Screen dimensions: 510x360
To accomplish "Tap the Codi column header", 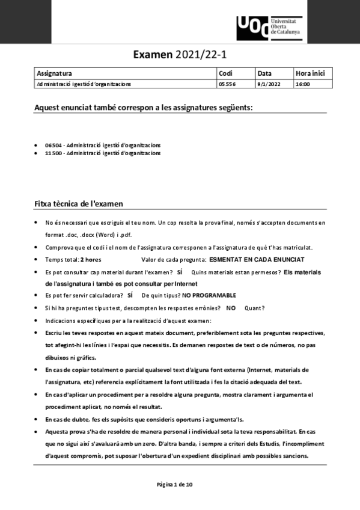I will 226,73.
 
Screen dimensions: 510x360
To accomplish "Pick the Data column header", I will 264,73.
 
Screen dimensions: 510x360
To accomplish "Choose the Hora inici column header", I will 310,73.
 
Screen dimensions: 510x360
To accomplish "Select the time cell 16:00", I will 302,84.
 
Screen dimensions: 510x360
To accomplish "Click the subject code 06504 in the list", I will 55,146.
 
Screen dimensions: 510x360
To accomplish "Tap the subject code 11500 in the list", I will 55,153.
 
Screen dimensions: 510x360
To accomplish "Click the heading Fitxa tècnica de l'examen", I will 79,204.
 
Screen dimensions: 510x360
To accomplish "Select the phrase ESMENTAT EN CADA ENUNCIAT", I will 257,259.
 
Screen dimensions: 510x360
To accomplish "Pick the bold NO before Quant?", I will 231,308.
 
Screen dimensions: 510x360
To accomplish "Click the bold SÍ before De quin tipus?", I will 129,295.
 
